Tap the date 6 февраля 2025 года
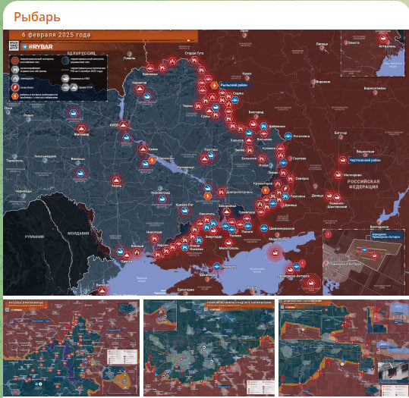click(x=56, y=35)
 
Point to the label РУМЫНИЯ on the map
click(x=34, y=237)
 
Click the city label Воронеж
click(x=322, y=81)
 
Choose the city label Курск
click(x=247, y=74)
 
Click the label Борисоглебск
click(x=374, y=89)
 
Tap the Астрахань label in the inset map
click(x=388, y=46)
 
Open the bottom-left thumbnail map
click(x=71, y=347)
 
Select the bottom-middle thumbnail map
click(x=208, y=347)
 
